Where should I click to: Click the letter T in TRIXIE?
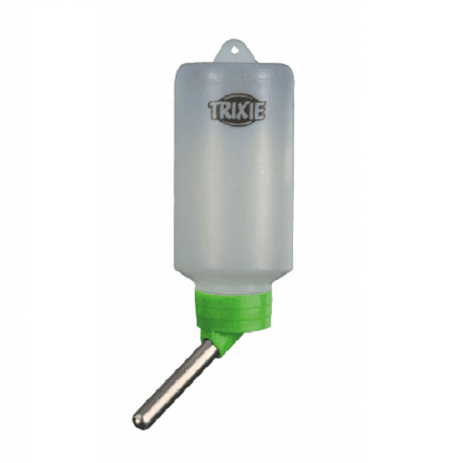[214, 111]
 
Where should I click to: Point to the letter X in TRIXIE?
[241, 111]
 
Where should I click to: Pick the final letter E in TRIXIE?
[259, 111]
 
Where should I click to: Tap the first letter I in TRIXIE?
[233, 111]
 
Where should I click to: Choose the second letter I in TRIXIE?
[251, 111]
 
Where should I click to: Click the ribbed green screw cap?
[234, 311]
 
